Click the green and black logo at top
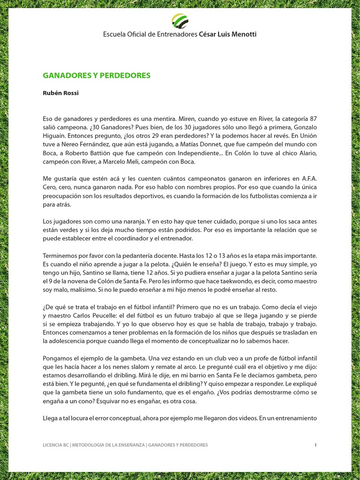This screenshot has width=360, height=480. point(180,21)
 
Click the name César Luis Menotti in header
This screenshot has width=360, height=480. point(228,34)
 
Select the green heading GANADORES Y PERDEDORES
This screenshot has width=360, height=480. point(97,75)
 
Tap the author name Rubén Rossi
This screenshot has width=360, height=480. point(61,93)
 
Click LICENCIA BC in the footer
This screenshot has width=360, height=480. point(56,445)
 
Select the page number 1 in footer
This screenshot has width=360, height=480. point(316,445)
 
